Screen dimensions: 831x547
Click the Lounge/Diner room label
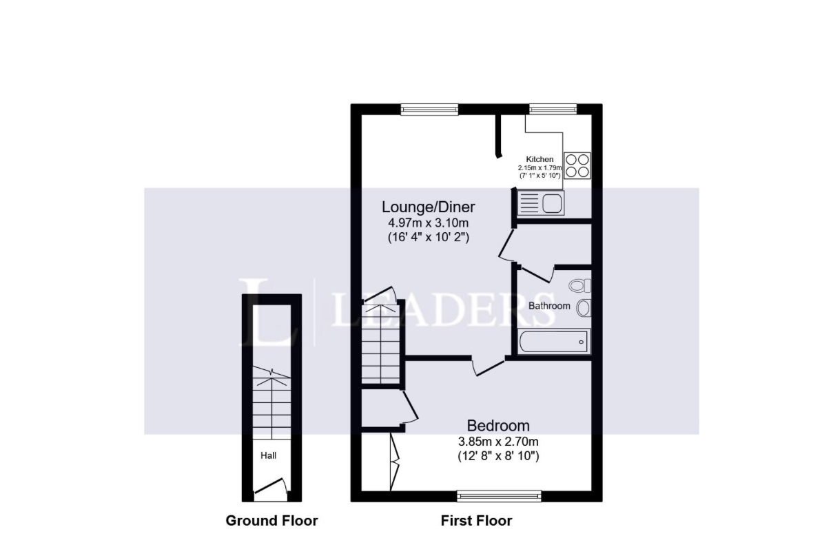tap(428, 207)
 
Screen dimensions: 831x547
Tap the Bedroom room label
tap(498, 426)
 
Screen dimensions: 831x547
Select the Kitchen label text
tap(540, 159)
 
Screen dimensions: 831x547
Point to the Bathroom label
tap(549, 306)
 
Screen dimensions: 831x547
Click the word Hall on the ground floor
tap(268, 455)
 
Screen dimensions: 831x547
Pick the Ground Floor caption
tap(271, 521)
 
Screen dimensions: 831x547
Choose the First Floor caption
tap(476, 521)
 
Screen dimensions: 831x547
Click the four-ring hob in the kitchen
tap(577, 166)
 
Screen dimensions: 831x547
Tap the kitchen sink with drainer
tap(541, 203)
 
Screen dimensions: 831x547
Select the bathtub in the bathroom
tap(553, 342)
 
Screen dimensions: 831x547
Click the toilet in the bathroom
tap(579, 285)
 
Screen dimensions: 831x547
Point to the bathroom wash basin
tap(584, 307)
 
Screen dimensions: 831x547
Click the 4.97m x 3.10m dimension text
tap(428, 223)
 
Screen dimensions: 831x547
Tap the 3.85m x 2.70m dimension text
tap(498, 442)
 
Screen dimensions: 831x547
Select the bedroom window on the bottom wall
tap(499, 496)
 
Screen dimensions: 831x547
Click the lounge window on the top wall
tap(429, 110)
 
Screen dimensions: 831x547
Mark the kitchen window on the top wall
tap(553, 109)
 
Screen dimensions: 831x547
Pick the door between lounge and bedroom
tap(488, 367)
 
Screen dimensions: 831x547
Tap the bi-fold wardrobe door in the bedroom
tap(395, 462)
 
